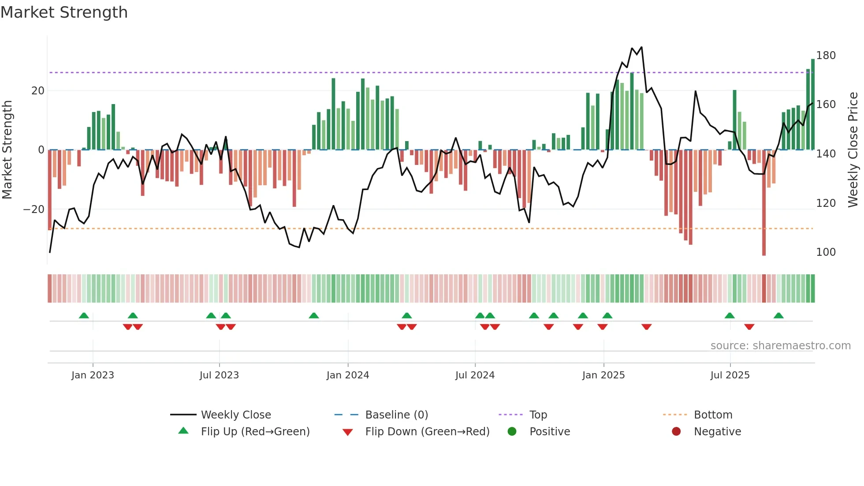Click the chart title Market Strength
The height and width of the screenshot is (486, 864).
(64, 12)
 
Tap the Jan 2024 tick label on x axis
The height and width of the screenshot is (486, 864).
(347, 375)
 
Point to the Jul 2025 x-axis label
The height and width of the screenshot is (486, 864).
(730, 375)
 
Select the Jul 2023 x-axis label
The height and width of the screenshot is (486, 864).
(219, 375)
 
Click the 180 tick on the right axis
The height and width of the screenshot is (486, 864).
(826, 56)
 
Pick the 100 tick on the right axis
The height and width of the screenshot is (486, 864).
(826, 252)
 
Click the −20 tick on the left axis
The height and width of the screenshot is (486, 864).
(34, 209)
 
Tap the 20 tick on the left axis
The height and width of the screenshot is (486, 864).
(38, 91)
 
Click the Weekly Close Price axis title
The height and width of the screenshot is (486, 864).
(853, 150)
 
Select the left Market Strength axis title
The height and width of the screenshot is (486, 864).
(7, 150)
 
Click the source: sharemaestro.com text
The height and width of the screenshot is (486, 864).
(780, 346)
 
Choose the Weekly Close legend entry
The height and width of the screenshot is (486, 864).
(236, 415)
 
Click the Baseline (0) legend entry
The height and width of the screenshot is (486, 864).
(396, 415)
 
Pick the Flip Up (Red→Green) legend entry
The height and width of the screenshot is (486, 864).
(255, 432)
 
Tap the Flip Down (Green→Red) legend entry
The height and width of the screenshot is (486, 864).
(427, 432)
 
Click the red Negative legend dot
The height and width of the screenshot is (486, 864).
(676, 432)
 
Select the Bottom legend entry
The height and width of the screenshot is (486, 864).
(712, 415)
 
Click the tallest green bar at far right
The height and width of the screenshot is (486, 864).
(812, 105)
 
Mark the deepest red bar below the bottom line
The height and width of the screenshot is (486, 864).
(763, 203)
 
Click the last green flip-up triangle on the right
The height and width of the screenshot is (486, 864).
(778, 316)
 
